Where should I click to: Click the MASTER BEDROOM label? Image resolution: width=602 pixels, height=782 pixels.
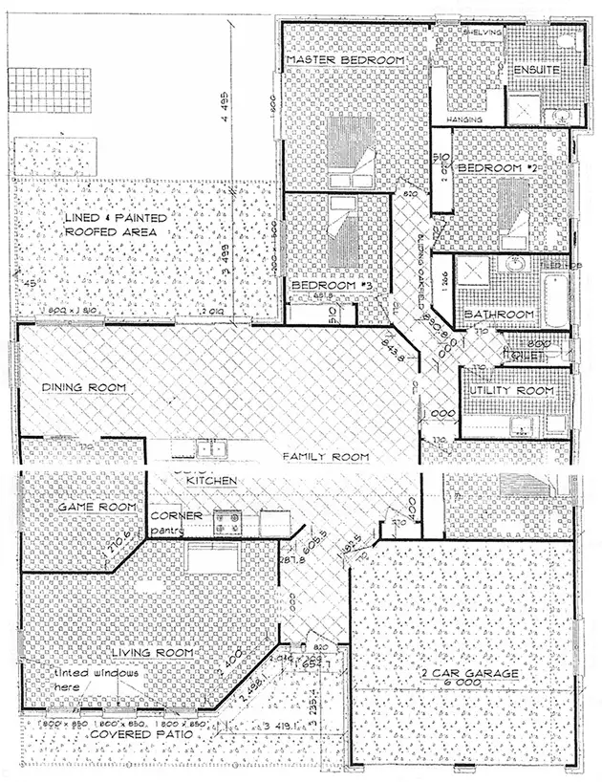click(346, 60)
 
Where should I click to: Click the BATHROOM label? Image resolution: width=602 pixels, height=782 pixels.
click(499, 315)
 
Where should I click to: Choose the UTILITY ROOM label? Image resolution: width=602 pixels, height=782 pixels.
click(508, 391)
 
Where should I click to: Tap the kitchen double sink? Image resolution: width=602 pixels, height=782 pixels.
click(208, 447)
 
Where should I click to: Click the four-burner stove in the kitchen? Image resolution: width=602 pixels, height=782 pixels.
click(227, 521)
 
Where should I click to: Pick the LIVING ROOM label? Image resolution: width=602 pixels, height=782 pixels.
click(153, 652)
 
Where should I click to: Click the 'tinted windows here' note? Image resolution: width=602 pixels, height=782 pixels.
click(96, 679)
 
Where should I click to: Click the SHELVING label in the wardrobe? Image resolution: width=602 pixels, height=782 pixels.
click(482, 32)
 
